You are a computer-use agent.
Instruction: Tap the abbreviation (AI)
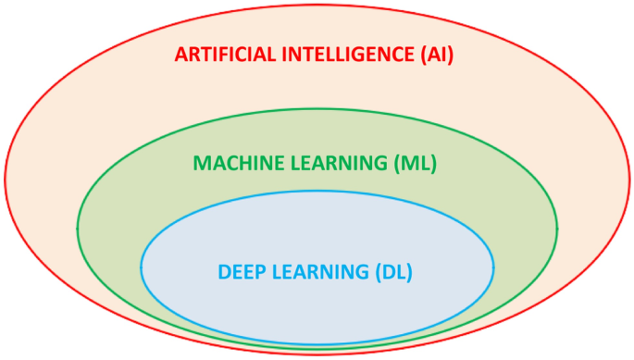click(435, 54)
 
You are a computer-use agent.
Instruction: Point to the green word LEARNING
click(338, 163)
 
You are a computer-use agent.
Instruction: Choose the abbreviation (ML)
click(415, 163)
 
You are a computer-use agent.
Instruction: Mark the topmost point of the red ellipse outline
click(317, 3)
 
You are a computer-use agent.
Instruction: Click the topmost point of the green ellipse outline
click(317, 109)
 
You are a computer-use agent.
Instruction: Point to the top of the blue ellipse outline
click(317, 191)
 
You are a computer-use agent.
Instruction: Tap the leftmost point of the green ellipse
click(77, 228)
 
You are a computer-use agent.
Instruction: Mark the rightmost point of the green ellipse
click(558, 228)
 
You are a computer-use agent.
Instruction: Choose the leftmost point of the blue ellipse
click(141, 268)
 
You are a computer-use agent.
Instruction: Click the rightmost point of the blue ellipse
click(494, 268)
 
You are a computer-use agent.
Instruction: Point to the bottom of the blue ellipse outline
click(317, 345)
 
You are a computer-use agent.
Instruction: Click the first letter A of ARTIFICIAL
click(180, 54)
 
